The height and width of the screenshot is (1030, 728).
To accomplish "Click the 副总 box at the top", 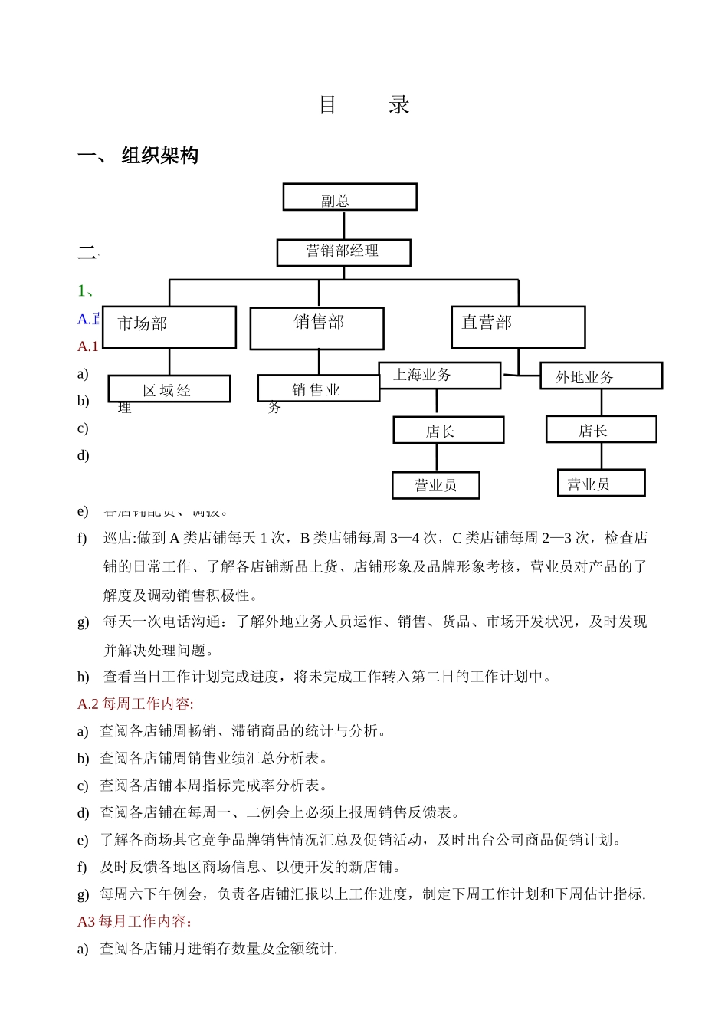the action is pos(349,197).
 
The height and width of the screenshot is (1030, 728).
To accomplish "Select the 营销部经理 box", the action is pos(343,252).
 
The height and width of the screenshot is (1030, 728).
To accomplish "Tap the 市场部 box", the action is pos(169,326).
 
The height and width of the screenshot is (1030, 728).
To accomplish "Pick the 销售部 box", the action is pos(316,328).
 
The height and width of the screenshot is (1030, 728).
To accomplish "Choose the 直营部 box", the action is pos(518,327).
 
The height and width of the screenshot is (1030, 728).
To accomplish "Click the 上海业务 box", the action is pos(440,376).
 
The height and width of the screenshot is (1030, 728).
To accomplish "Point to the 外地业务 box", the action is pos(601,376).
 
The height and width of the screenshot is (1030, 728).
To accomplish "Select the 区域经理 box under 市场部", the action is pos(169,389).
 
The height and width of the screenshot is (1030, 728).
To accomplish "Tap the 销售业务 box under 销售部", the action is pos(318,389).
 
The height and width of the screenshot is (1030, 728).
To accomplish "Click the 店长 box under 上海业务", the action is pos(448,431).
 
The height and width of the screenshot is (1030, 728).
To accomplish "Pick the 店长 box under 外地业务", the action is pos(601,430).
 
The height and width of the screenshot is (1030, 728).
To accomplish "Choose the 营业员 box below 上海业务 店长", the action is pos(435,485).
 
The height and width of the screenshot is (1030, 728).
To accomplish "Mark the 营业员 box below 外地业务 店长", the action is pos(601,484).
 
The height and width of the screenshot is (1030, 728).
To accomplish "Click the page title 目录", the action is pos(364,105).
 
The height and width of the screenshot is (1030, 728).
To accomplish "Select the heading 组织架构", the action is pos(159,156).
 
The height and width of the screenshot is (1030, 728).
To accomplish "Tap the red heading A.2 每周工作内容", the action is pos(136,704).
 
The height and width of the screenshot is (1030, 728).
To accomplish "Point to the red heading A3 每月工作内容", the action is pos(134,921).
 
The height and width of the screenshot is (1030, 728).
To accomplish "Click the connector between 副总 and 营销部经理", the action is pos(344,225).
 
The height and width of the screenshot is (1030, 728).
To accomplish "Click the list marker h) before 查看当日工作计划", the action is pos(83,677).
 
